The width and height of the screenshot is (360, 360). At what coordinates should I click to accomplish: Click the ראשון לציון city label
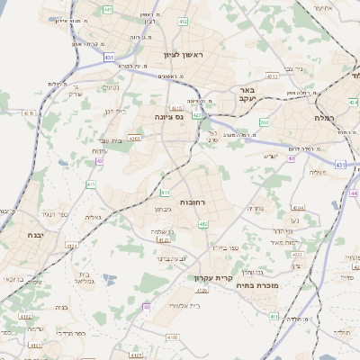[x=184, y=55]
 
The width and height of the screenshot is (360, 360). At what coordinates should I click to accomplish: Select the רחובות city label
[x=193, y=202]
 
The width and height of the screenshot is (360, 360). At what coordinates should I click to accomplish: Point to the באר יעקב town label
[x=248, y=95]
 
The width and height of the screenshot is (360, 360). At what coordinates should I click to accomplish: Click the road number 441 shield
[x=107, y=10]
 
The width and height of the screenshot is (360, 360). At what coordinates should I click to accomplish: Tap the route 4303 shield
[x=134, y=139]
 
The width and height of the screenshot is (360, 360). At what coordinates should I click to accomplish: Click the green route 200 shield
[x=264, y=122]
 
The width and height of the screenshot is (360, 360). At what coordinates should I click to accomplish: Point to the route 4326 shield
[x=202, y=291]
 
